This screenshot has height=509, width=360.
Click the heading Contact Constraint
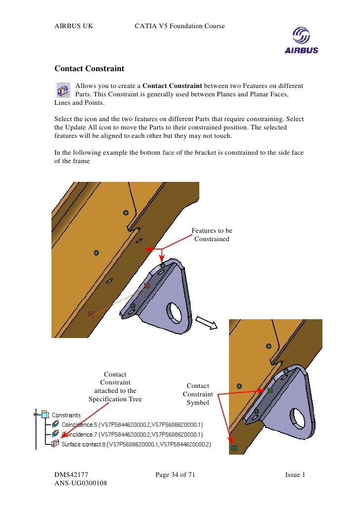[89, 68]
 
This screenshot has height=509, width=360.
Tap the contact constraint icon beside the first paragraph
[62, 91]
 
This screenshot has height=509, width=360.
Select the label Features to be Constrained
[212, 235]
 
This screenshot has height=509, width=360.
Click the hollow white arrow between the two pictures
[207, 322]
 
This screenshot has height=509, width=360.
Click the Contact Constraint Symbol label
[198, 394]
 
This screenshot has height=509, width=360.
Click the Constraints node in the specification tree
[66, 415]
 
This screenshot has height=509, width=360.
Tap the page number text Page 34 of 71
[175, 475]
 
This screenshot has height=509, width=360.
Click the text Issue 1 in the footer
[295, 475]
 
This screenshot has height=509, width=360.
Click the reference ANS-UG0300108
[81, 484]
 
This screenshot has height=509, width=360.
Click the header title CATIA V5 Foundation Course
[180, 25]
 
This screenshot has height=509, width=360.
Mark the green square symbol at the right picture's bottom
[234, 448]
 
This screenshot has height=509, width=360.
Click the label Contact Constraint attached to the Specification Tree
[115, 387]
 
